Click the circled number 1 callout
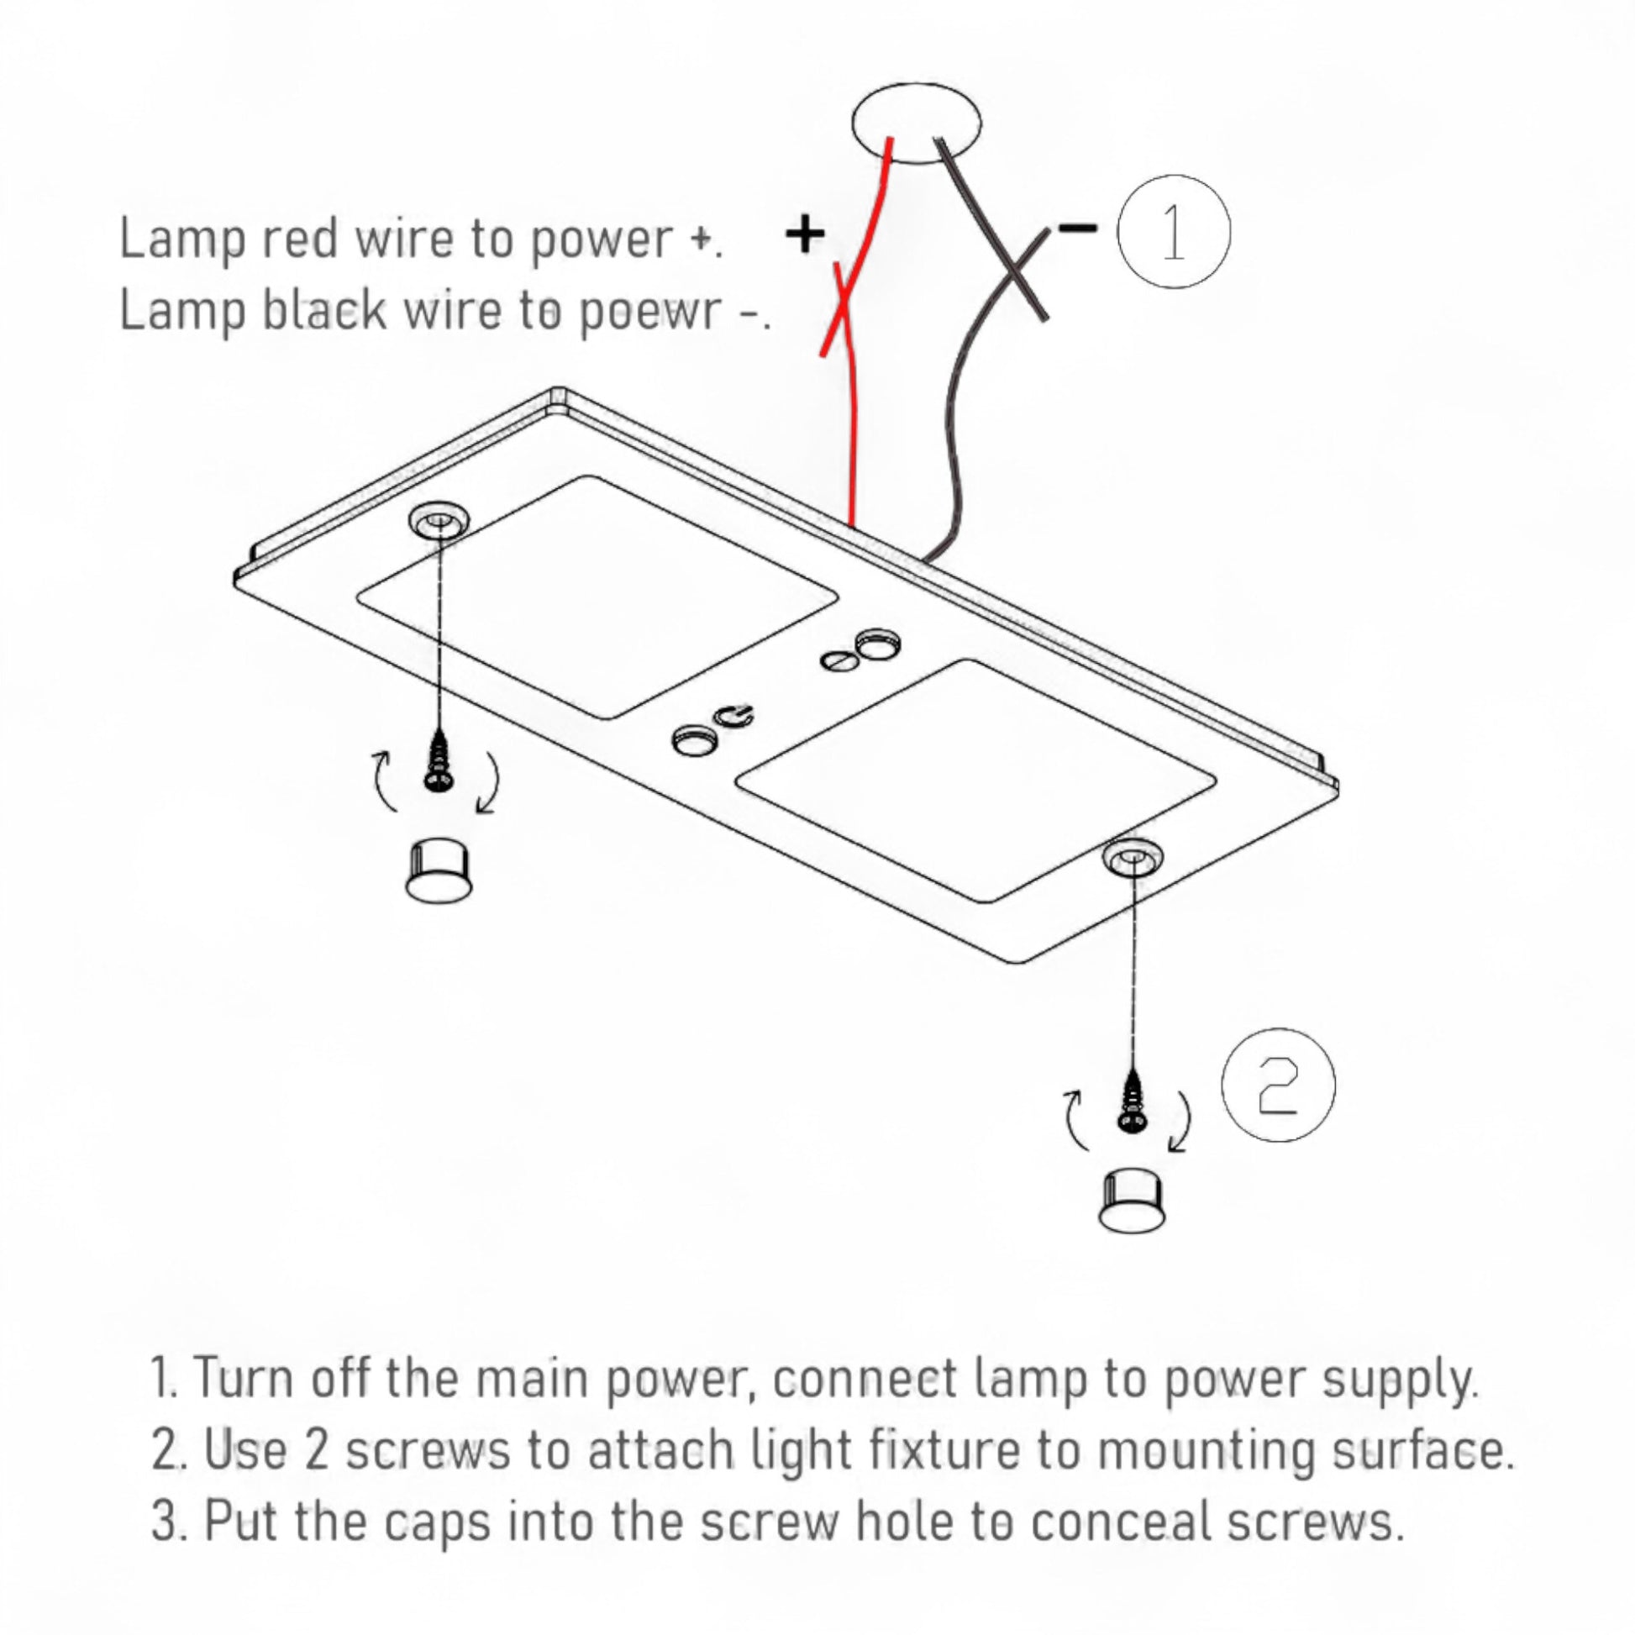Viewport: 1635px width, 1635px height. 1173,231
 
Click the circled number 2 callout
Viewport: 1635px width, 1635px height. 1278,1085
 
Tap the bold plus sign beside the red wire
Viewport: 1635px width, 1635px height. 805,234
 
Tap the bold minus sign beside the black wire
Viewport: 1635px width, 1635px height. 1077,227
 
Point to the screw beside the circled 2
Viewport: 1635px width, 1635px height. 1132,1109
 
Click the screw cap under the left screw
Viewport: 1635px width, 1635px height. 438,868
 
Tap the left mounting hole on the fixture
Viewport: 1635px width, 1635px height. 439,523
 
